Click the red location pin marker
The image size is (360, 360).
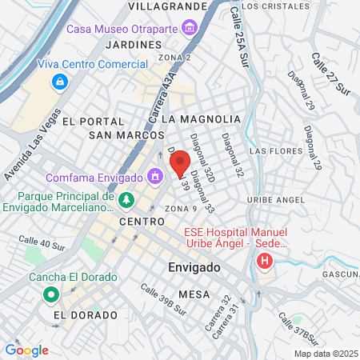tap(181, 164)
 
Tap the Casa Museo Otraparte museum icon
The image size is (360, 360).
tap(190, 30)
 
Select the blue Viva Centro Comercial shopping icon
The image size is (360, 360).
tap(58, 82)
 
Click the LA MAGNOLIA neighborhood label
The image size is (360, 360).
tap(201, 118)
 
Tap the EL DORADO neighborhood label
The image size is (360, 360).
tap(79, 315)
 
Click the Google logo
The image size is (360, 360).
tap(26, 350)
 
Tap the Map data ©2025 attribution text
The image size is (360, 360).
tap(326, 354)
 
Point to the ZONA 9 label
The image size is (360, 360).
tap(181, 208)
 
